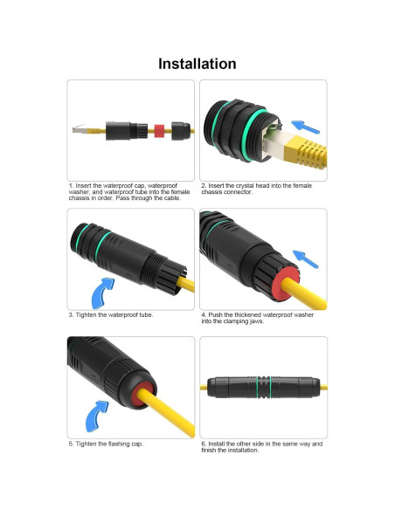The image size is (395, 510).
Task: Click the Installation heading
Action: coord(197,64)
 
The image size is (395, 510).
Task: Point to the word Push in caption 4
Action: coord(217,314)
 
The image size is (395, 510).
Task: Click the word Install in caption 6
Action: coord(218,444)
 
